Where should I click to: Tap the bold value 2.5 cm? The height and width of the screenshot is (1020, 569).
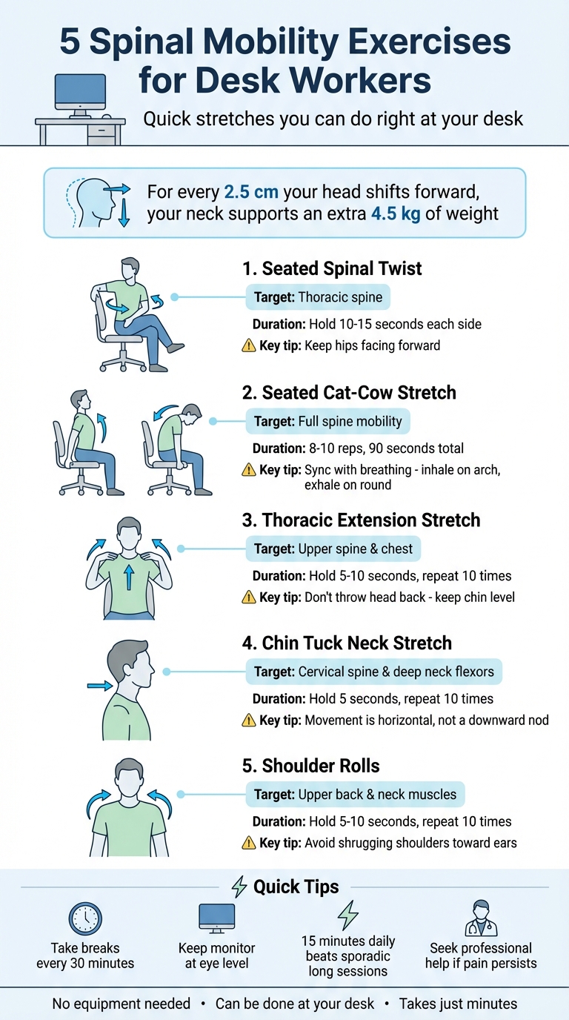coord(250,193)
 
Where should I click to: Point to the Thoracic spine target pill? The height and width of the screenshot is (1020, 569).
coord(318,298)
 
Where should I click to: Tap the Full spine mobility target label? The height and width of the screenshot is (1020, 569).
coord(327,422)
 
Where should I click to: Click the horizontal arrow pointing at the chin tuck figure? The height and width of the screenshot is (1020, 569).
coord(99,686)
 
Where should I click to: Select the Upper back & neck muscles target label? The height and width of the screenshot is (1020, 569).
coord(355,795)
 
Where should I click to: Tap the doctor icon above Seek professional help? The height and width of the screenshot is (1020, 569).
coord(481,918)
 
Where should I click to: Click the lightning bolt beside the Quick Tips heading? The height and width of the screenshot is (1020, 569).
coord(239,887)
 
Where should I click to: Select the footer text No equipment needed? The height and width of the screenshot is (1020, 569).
coord(121,1004)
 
